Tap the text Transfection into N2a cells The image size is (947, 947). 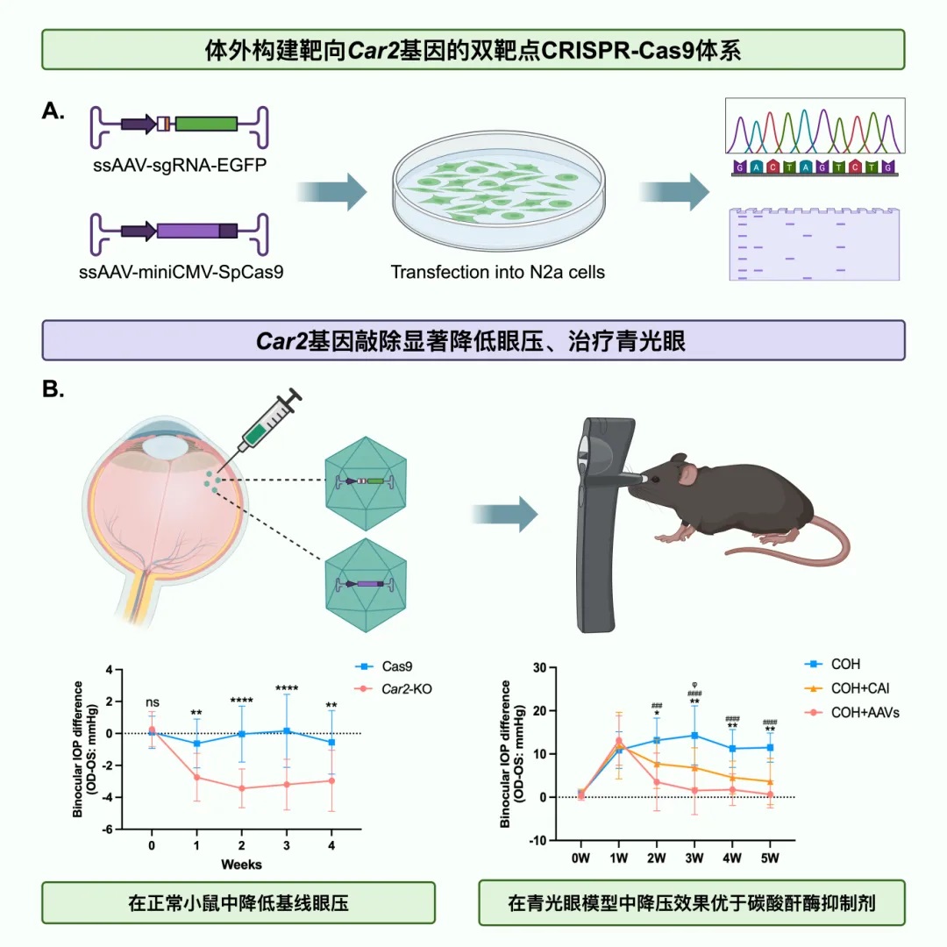pos(498,271)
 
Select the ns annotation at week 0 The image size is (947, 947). pos(151,701)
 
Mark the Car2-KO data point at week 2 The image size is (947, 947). pos(241,788)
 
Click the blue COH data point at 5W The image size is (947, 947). pos(771,747)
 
